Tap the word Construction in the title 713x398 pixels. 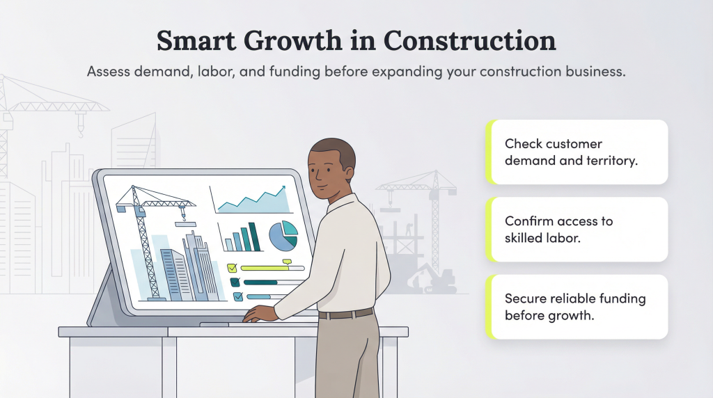(470, 41)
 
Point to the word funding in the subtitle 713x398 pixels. (307, 72)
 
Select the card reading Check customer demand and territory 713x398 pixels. (578, 152)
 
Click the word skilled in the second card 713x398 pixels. (529, 237)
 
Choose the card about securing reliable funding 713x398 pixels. (578, 307)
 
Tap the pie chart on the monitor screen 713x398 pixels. (283, 236)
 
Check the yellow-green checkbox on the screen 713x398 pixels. (233, 267)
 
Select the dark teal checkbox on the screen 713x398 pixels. (235, 282)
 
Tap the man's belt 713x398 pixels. (346, 314)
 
